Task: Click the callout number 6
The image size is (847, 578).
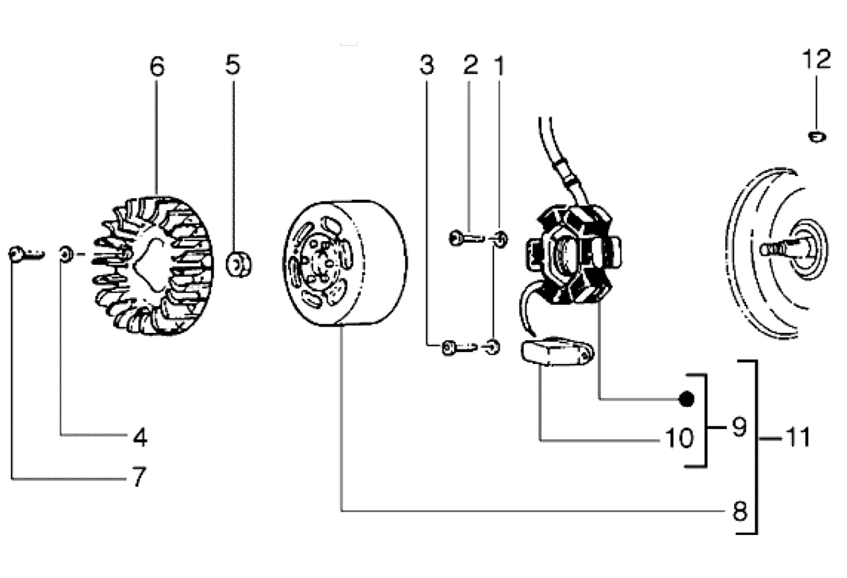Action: pos(157,67)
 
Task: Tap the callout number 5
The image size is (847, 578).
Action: pos(233,65)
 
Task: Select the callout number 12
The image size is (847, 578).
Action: pos(816,60)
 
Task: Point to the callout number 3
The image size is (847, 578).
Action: pos(427,65)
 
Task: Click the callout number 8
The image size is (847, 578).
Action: pos(740,511)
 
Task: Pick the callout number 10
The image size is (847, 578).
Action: pos(679,438)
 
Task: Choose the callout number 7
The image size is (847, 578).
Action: pos(139,477)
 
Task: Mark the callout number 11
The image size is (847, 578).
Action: pos(798,438)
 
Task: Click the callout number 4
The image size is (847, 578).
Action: pos(140,438)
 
